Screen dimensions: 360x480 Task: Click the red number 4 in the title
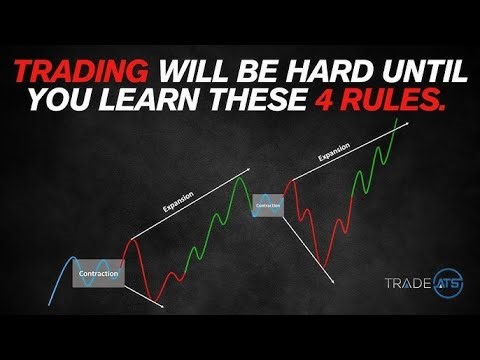[x=336, y=100]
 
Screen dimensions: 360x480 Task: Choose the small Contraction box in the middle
[x=268, y=205]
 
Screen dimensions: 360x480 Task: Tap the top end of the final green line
[x=407, y=119]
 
